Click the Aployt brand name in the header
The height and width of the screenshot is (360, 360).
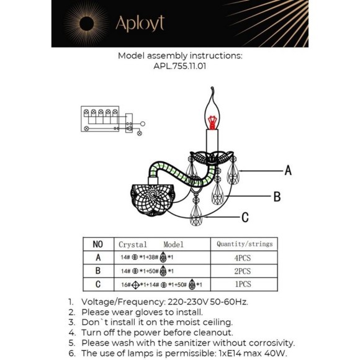(141, 24)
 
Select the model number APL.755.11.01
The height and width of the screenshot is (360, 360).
(179, 65)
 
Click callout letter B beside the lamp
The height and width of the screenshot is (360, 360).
(277, 196)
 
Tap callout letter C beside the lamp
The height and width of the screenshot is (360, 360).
(245, 217)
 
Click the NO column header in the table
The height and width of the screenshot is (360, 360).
(97, 245)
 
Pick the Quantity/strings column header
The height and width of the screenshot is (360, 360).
(243, 245)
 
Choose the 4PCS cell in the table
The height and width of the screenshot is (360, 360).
(243, 258)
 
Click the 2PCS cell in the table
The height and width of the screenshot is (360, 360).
(243, 271)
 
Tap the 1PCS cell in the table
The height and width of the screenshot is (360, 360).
(243, 285)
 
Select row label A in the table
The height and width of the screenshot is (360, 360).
(97, 258)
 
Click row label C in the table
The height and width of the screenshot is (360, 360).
(97, 285)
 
